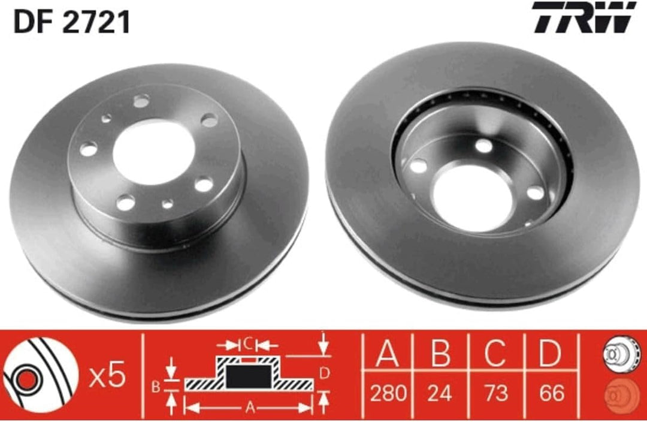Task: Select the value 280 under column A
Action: [x=388, y=393]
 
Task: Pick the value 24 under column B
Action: [x=440, y=393]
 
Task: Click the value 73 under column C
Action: [x=496, y=393]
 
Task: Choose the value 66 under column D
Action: [x=551, y=393]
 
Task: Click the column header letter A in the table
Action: [x=388, y=354]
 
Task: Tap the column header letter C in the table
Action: [x=495, y=354]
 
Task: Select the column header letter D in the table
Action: [x=551, y=354]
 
